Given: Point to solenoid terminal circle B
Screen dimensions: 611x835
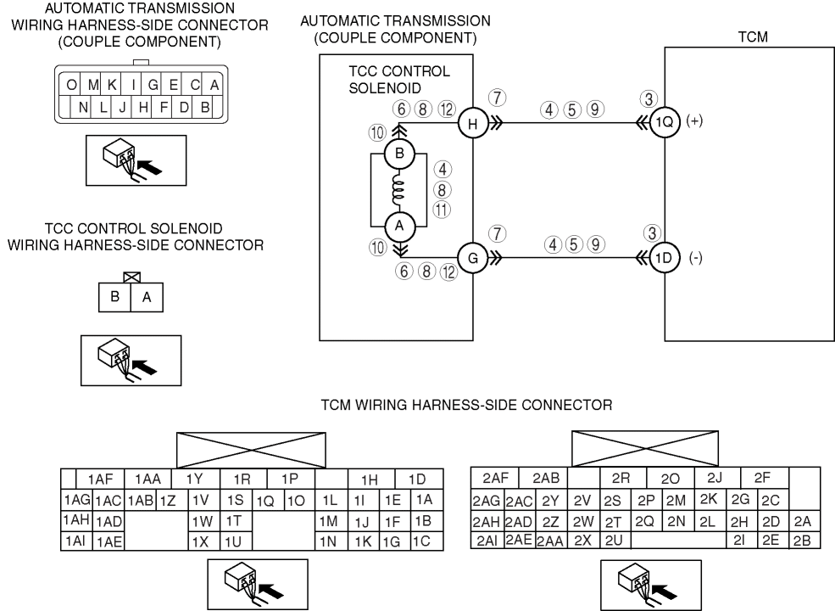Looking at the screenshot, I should [x=398, y=154].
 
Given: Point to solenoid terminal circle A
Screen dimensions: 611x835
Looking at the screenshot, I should [x=398, y=225].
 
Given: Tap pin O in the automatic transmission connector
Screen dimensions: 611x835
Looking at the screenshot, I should [x=73, y=85].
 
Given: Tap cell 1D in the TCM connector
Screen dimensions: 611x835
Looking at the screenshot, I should [x=417, y=479].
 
